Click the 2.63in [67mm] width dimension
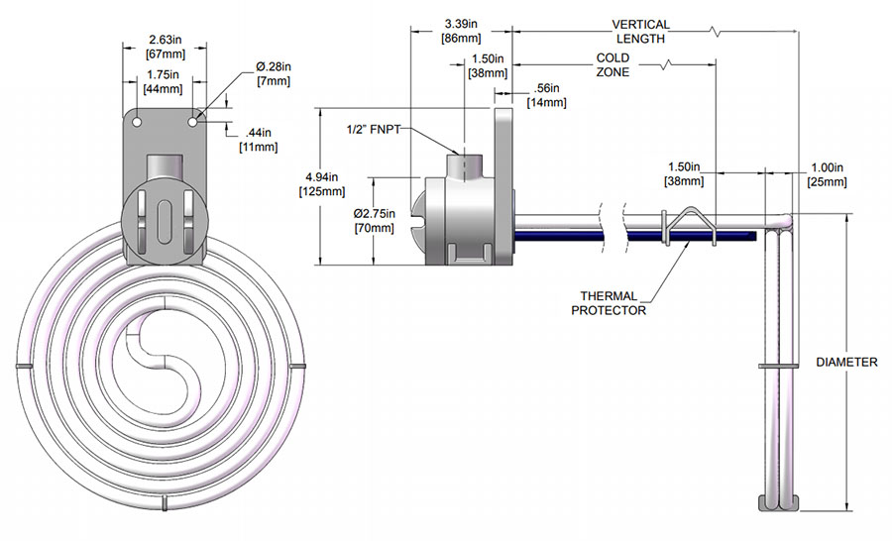(x=165, y=29)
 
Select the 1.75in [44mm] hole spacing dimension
(x=165, y=79)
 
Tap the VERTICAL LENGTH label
(x=640, y=31)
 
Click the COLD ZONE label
(x=613, y=64)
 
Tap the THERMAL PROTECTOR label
(x=608, y=302)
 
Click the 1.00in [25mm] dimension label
(x=827, y=174)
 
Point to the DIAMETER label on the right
(x=845, y=362)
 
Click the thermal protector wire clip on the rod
(x=688, y=225)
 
